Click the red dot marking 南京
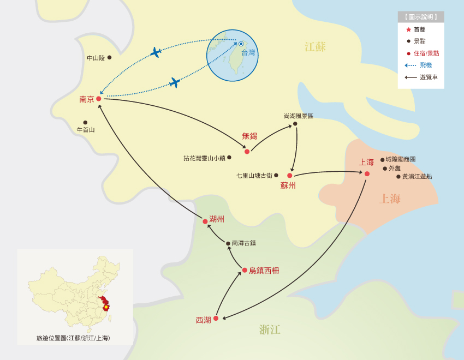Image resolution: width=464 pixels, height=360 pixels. click(x=99, y=99)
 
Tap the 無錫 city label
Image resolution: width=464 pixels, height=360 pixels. click(x=249, y=136)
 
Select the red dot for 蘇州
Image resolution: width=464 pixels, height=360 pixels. click(x=290, y=176)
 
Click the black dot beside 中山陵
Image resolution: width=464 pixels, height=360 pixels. click(x=109, y=57)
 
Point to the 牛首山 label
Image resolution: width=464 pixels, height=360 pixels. click(x=86, y=130)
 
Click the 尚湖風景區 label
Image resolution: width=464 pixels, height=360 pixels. click(x=299, y=116)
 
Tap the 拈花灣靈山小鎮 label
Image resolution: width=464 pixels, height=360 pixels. click(x=204, y=158)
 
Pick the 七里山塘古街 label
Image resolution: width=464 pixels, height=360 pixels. click(x=254, y=176)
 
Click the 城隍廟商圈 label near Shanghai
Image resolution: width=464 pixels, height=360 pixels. click(x=401, y=159)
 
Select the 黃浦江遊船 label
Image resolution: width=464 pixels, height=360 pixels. click(x=417, y=176)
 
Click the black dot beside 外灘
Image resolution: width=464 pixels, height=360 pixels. click(x=385, y=169)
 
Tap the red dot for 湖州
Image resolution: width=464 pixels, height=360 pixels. click(x=205, y=221)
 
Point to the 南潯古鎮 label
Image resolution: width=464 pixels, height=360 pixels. click(x=243, y=243)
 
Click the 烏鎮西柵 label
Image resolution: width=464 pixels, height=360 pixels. click(x=264, y=270)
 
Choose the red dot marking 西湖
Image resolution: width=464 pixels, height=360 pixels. click(x=216, y=318)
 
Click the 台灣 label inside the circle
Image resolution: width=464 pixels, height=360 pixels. click(x=248, y=53)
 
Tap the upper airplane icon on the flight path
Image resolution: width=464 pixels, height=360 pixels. click(x=156, y=52)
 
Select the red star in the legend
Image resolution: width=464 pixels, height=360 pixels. click(x=408, y=29)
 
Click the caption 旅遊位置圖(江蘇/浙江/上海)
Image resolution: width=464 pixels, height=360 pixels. click(x=73, y=338)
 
